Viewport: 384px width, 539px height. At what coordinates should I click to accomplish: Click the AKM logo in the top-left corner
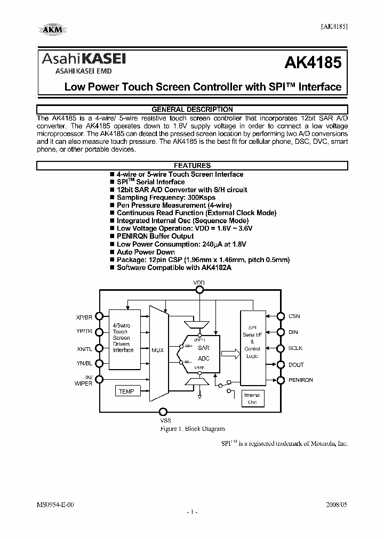click(52, 30)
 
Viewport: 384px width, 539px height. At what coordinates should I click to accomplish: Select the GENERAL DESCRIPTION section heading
click(192, 109)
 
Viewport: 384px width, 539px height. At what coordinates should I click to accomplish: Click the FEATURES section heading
click(192, 166)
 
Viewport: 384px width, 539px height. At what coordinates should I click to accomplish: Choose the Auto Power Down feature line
click(146, 252)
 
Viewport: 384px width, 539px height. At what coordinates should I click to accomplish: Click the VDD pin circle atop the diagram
click(199, 290)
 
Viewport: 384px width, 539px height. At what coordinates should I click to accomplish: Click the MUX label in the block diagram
click(157, 350)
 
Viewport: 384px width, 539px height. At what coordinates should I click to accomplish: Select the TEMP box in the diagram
click(126, 391)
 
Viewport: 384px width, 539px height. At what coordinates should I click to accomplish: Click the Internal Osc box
click(252, 398)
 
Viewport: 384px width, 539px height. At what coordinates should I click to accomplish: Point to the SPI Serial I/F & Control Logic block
click(252, 347)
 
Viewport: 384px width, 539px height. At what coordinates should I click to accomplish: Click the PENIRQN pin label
click(301, 380)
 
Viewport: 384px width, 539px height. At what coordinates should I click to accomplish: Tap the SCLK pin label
click(295, 348)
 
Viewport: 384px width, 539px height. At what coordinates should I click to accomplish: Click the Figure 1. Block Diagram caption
click(192, 429)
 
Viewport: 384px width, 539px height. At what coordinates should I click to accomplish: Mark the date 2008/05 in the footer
click(337, 504)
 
